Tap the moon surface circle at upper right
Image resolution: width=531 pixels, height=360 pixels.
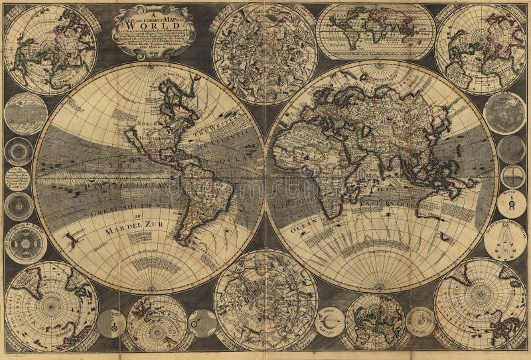click(x=504, y=113)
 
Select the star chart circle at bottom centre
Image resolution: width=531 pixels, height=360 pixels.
click(x=265, y=300)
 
